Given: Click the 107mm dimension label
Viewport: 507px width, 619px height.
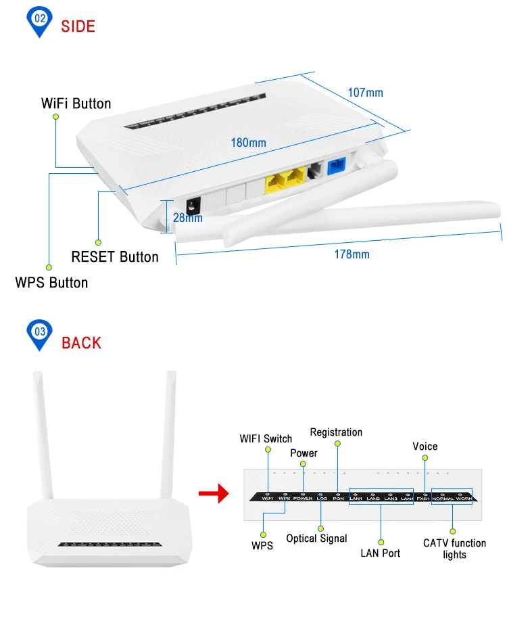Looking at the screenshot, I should [365, 92].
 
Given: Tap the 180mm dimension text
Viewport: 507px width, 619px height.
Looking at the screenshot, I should [248, 143].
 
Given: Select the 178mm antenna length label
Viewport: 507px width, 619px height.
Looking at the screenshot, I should [352, 254].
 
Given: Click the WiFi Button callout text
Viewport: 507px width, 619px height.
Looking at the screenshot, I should [76, 104].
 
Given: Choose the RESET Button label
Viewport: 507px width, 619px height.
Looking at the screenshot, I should [115, 257].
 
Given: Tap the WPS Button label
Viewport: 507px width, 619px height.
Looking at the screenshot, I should [51, 282].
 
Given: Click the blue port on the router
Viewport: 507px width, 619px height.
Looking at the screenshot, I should [336, 167].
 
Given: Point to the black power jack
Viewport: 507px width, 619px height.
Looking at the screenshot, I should [195, 205].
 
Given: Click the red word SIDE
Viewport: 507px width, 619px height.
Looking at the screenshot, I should [78, 26].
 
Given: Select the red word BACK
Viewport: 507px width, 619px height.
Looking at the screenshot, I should [81, 342].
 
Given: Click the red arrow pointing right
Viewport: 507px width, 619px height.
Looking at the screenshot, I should [212, 494].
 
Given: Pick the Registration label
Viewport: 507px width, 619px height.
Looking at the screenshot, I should [336, 432].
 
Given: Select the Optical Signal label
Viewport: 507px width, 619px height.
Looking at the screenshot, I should [316, 538].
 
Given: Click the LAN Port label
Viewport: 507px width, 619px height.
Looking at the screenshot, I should [380, 553].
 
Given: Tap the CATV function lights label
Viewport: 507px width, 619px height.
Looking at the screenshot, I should [454, 549].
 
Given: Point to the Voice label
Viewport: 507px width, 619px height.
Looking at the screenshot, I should [425, 446].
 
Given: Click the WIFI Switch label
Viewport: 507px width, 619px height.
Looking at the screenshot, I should [266, 438].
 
